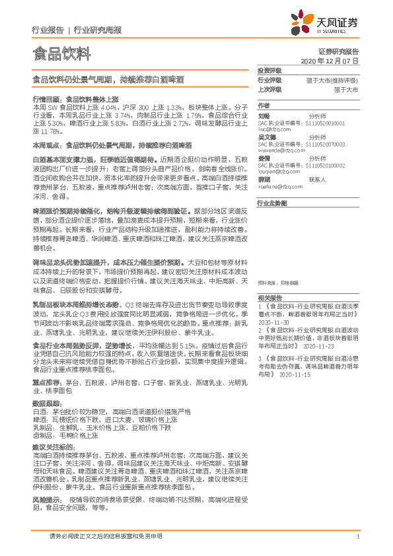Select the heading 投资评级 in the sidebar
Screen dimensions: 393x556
point(269,70)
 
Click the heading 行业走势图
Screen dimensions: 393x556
point(272,204)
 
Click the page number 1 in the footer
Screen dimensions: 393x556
point(357,537)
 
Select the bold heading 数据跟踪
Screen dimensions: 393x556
point(46,402)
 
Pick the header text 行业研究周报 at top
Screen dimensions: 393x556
point(97,30)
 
